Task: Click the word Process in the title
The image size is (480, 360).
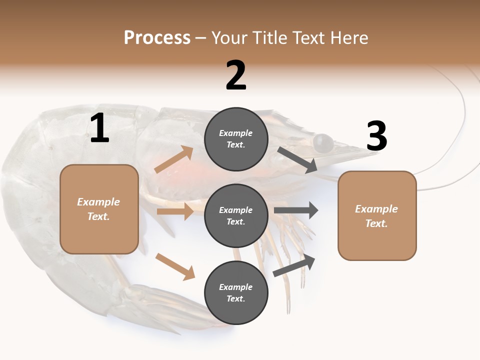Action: click(157, 37)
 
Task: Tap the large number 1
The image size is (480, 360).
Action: click(99, 128)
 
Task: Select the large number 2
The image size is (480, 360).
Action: click(236, 75)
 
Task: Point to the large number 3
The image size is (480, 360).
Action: click(377, 136)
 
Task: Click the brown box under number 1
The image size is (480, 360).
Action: click(99, 209)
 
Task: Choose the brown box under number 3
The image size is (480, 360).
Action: click(377, 215)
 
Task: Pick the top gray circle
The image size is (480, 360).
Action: click(236, 139)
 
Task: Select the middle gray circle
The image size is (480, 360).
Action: click(236, 215)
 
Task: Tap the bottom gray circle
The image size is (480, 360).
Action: click(236, 292)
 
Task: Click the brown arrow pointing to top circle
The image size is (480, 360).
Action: click(174, 159)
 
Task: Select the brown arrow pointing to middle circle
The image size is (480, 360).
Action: click(175, 211)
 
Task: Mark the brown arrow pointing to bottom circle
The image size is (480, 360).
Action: click(175, 266)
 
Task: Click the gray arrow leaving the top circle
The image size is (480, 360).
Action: click(297, 159)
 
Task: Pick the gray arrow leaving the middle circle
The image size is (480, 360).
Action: click(296, 210)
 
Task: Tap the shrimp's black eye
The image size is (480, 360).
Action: click(323, 143)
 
